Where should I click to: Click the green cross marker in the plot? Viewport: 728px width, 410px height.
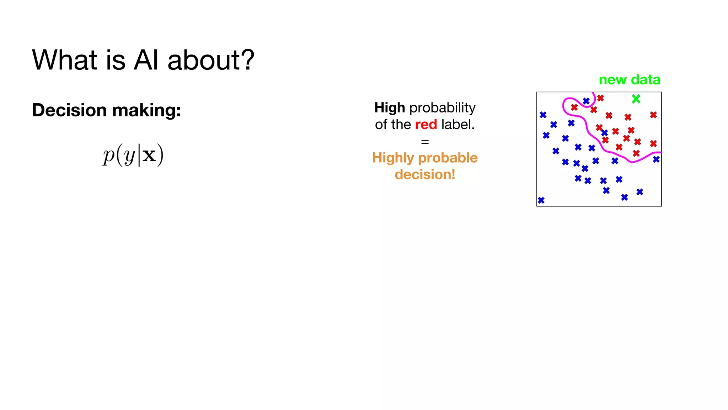click(x=636, y=99)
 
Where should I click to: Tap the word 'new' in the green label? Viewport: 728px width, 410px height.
click(x=612, y=80)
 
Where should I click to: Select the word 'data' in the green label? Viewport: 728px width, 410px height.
click(x=645, y=80)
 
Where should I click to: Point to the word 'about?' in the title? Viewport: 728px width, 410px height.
click(x=211, y=60)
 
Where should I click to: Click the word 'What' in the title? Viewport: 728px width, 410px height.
click(x=64, y=60)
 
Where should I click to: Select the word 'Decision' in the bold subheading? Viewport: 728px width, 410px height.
click(x=69, y=110)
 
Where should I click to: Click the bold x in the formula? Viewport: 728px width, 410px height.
click(x=149, y=155)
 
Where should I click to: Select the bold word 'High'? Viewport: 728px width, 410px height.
click(x=390, y=107)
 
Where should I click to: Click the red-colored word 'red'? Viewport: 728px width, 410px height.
click(x=426, y=125)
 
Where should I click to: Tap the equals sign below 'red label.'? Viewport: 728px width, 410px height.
click(x=425, y=142)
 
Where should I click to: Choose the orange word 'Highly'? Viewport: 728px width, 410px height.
click(x=393, y=158)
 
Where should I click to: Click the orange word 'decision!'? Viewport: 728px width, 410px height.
click(x=425, y=174)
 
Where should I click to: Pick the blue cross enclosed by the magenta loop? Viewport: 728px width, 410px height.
click(x=586, y=101)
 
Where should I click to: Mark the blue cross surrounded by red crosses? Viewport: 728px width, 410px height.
click(x=605, y=133)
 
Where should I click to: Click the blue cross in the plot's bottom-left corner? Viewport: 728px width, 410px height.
click(x=541, y=200)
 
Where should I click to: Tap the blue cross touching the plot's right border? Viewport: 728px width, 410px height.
click(x=656, y=159)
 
